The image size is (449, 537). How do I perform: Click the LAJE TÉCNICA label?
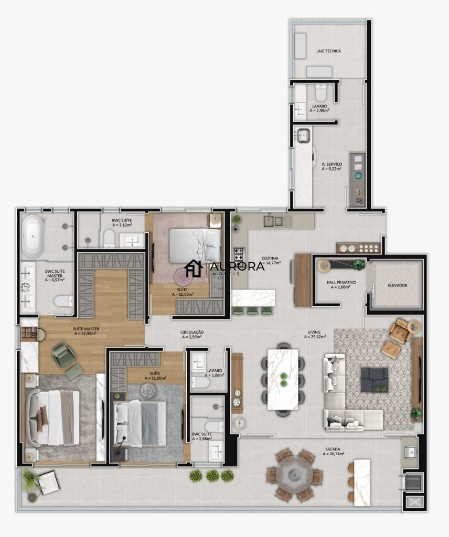point(329,51)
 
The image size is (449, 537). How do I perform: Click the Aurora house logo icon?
point(194,268)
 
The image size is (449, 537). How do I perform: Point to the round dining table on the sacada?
point(294,474)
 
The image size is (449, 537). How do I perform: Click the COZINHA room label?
point(271,258)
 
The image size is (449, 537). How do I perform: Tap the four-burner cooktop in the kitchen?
point(238,255)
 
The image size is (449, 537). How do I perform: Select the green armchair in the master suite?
point(65,355)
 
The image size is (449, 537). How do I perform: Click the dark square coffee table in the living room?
point(375,380)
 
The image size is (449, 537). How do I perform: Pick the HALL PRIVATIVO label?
point(341,282)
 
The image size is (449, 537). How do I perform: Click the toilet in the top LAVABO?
point(320,93)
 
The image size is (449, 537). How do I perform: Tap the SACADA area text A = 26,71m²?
point(333,455)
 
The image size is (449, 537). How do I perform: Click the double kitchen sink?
point(273,221)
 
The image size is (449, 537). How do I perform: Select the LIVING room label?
point(315,332)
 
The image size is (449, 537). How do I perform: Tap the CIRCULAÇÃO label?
point(192,332)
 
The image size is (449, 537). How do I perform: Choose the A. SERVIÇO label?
point(332,164)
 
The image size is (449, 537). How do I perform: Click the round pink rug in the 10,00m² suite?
point(191,273)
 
